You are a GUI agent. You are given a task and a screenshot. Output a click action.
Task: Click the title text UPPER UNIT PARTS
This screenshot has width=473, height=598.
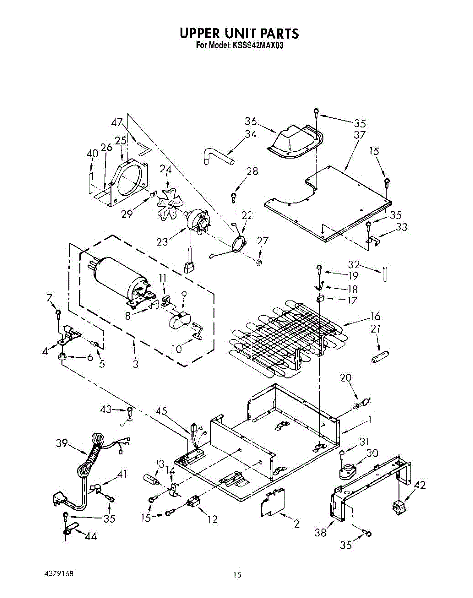click(239, 33)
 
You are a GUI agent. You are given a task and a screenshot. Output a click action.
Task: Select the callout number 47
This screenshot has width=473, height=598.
click(117, 123)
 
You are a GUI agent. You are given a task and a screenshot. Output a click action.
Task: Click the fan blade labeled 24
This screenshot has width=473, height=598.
click(167, 203)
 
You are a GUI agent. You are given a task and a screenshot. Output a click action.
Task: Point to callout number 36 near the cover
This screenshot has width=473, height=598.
click(251, 121)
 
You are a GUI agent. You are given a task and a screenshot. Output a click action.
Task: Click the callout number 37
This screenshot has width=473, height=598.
click(359, 135)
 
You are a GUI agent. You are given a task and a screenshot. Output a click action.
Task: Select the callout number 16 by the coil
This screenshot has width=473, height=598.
click(375, 316)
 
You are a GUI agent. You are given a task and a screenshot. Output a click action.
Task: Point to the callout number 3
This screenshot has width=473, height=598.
click(135, 364)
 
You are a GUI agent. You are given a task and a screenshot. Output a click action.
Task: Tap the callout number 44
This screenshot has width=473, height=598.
click(90, 536)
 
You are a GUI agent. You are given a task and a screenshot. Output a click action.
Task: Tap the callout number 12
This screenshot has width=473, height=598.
click(213, 520)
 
